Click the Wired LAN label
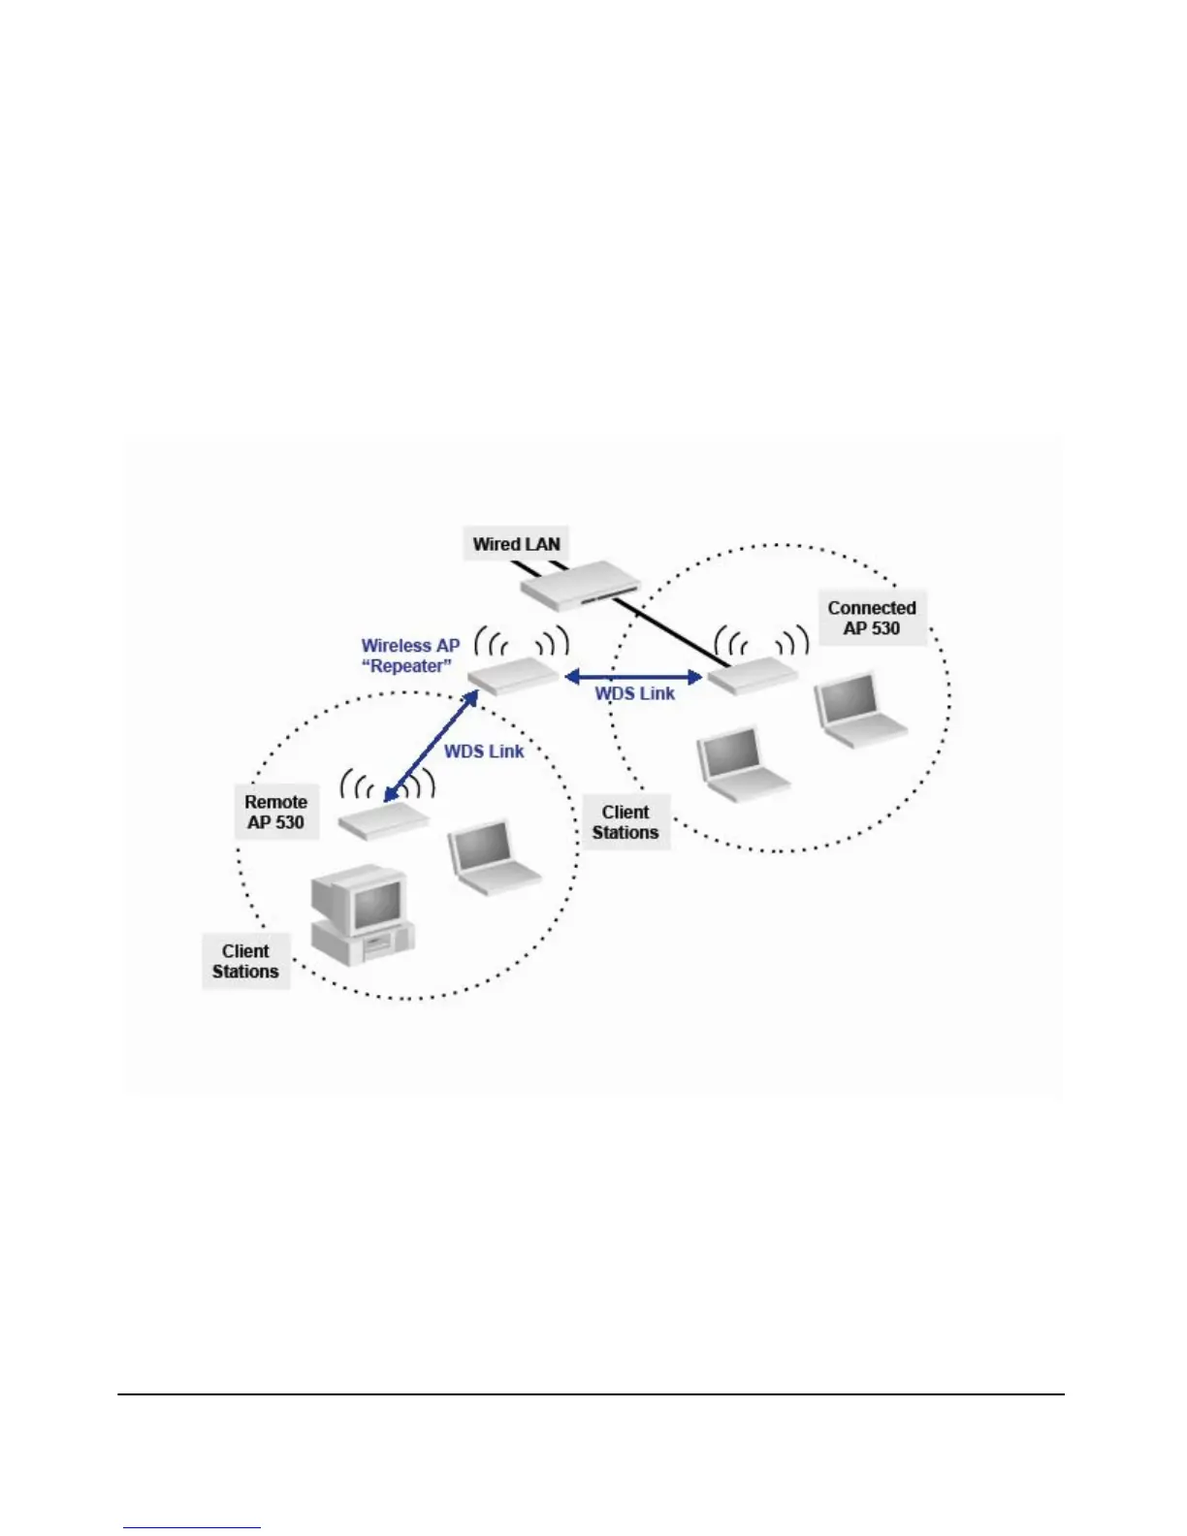516,544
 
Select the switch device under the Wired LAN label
580,587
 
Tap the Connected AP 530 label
872,618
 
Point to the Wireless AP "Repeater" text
409,656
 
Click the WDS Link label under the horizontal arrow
634,693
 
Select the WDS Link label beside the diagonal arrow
484,752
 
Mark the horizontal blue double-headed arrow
633,676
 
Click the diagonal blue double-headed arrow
432,746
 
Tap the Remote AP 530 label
275,812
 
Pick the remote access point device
384,819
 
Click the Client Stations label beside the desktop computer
245,961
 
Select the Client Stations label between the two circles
626,822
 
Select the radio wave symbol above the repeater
521,643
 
